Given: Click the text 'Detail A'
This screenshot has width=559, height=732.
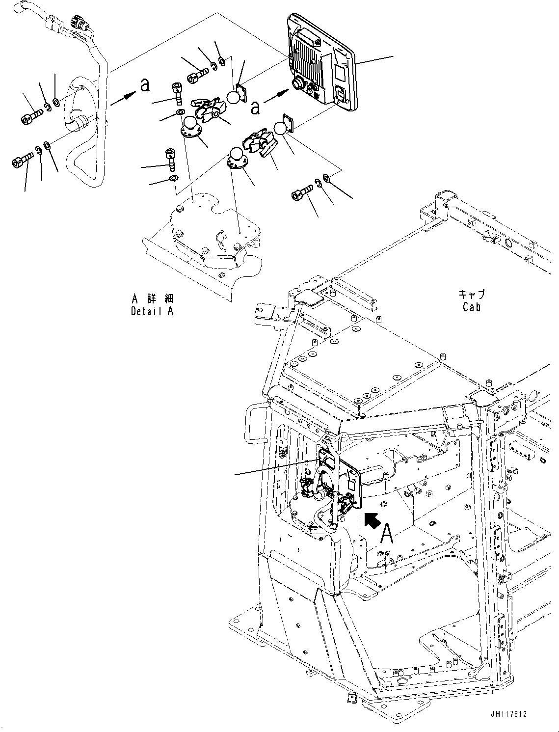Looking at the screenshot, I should click(152, 311).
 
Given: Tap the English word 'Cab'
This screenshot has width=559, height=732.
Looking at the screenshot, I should click(471, 307).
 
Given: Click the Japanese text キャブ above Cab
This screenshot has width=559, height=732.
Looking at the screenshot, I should click(472, 295).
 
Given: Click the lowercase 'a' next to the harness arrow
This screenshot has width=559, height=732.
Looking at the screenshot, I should click(144, 85).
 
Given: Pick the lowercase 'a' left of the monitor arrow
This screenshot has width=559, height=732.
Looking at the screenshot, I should click(255, 108).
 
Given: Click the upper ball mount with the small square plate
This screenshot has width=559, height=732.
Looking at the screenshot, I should click(237, 95).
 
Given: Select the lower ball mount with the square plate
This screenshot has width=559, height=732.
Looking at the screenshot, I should click(282, 127).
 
